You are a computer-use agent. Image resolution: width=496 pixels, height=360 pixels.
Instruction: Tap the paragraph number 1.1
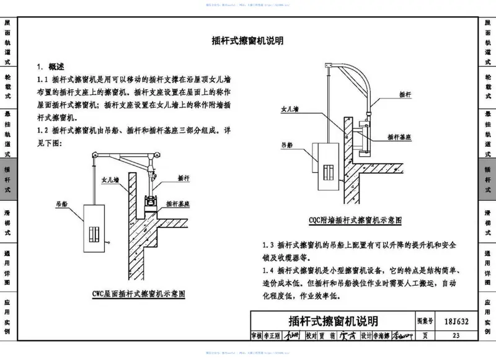(43, 80)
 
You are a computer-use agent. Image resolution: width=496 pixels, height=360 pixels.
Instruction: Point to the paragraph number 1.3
(268, 245)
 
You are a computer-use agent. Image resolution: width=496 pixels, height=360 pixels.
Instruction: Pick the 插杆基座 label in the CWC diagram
(179, 203)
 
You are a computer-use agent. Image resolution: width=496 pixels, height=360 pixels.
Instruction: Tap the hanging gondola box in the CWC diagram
(94, 232)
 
